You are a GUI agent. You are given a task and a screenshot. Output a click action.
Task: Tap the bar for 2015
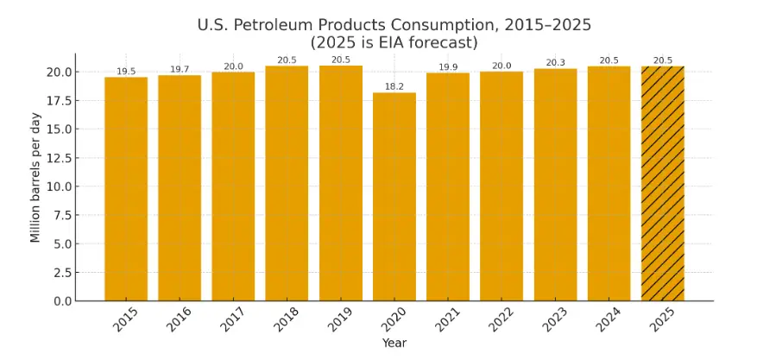click(x=126, y=189)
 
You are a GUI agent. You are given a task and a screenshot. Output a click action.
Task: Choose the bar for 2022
click(x=502, y=186)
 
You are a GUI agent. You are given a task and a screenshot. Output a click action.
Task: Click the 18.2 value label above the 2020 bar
click(x=394, y=87)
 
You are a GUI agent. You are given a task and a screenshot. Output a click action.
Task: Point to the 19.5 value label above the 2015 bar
click(x=126, y=72)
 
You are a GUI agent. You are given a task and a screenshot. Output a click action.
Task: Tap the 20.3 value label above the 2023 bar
click(x=555, y=63)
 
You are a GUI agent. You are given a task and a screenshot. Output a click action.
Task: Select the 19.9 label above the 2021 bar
click(x=448, y=67)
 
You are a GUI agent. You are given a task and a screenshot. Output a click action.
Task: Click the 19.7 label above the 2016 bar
click(x=180, y=70)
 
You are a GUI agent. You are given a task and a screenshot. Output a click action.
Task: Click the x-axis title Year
click(x=394, y=344)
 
